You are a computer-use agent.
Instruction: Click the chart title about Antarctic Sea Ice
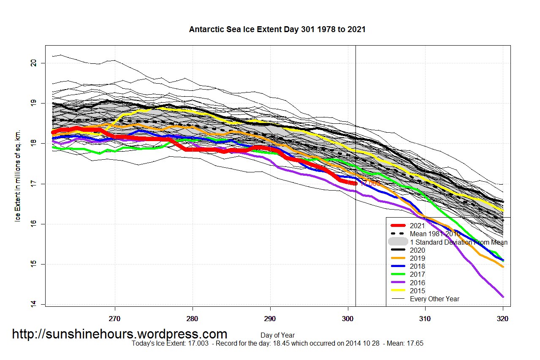tap(277, 30)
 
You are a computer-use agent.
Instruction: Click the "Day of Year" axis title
tap(277, 335)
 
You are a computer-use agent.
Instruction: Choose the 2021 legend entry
tap(417, 226)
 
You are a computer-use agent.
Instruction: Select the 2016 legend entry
tap(417, 283)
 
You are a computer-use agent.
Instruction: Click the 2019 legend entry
tap(417, 258)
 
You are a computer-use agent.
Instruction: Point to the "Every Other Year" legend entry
tap(434, 299)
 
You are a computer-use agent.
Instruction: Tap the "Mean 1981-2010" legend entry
tap(434, 234)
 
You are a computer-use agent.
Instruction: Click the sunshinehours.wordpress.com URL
tap(119, 334)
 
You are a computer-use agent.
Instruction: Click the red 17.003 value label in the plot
tap(371, 183)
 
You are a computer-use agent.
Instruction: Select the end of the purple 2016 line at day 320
tap(503, 297)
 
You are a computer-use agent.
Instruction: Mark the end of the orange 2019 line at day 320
tap(503, 267)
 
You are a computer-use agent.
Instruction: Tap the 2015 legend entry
tap(417, 291)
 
